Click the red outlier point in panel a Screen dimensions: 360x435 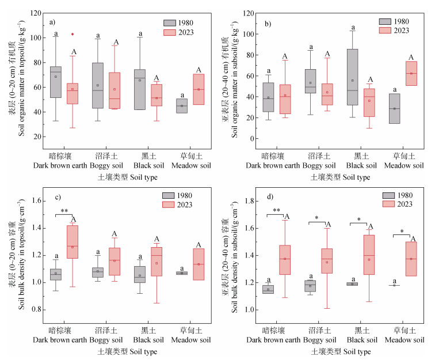(72, 34)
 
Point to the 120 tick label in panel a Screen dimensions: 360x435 (35, 13)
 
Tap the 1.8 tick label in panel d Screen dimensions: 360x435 (251, 201)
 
